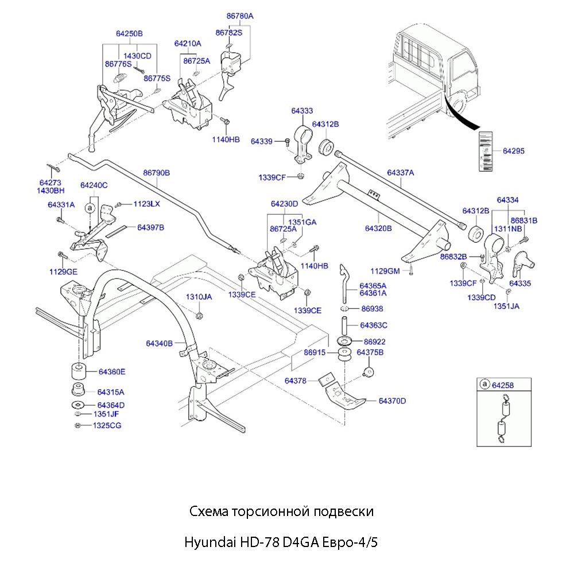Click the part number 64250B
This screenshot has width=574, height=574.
click(x=129, y=34)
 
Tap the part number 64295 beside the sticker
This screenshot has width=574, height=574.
click(x=514, y=151)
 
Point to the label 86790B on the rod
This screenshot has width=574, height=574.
click(x=157, y=172)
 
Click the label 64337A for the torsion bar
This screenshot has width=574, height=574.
click(x=400, y=172)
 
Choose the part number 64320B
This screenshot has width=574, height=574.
click(x=378, y=228)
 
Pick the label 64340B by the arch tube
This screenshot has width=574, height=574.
click(x=159, y=343)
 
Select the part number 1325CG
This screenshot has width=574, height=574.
click(x=107, y=425)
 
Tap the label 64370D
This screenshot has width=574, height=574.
click(x=392, y=401)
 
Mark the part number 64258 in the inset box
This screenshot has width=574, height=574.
click(x=503, y=385)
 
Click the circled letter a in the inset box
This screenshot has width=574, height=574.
click(x=484, y=385)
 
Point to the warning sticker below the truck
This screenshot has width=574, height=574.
click(x=485, y=152)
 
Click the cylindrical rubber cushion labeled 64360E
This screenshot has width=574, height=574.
click(x=78, y=371)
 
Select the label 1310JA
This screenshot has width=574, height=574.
click(x=199, y=297)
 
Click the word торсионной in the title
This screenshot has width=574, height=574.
click(x=267, y=511)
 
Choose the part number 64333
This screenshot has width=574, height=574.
click(x=302, y=111)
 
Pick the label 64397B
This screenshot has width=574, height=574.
click(x=150, y=228)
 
